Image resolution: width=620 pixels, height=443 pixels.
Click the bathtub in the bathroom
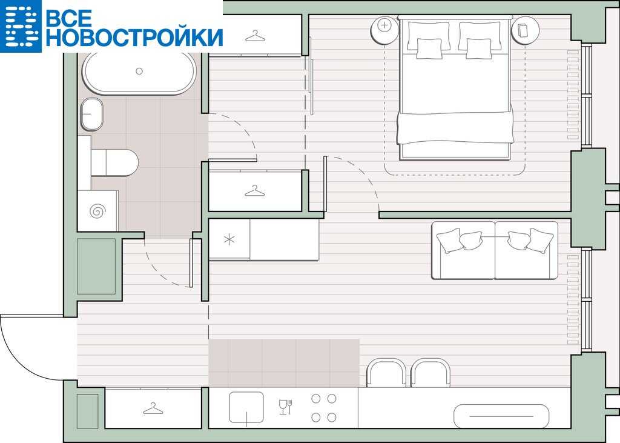(139, 72)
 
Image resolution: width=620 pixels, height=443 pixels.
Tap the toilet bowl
(114, 162)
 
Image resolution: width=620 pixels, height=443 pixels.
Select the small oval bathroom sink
(92, 114)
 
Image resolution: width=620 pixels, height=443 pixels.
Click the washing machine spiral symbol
(97, 211)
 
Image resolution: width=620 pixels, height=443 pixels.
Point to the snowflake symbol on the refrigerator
(229, 239)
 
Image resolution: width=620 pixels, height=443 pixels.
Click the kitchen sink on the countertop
(246, 408)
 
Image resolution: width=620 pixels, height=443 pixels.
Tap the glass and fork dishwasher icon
(286, 407)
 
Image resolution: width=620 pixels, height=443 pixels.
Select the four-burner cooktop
(324, 408)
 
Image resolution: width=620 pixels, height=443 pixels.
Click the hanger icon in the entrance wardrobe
(153, 408)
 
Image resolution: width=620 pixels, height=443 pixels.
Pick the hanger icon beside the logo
(255, 36)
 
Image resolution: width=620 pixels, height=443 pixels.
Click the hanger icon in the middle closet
(255, 191)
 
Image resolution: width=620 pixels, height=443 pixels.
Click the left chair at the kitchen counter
(387, 373)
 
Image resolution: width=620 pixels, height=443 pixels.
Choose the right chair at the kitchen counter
(431, 373)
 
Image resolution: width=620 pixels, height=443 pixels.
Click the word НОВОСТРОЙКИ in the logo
(134, 38)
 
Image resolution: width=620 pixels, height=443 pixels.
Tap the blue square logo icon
(21, 25)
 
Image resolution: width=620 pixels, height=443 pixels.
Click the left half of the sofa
(463, 251)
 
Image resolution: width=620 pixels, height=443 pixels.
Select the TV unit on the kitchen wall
(501, 416)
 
